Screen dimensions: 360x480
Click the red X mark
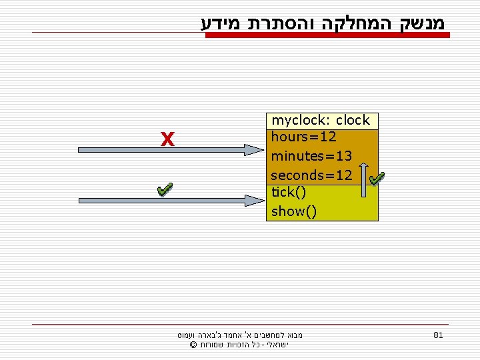click(167, 139)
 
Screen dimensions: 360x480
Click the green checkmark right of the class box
click(377, 179)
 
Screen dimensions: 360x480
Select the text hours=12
click(303, 137)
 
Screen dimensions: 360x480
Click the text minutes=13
click(311, 156)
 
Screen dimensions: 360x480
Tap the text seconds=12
click(311, 175)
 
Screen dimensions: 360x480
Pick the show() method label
click(294, 211)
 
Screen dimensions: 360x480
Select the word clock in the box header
click(353, 121)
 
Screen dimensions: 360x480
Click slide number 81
click(437, 335)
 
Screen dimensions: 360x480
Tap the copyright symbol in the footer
click(193, 345)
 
